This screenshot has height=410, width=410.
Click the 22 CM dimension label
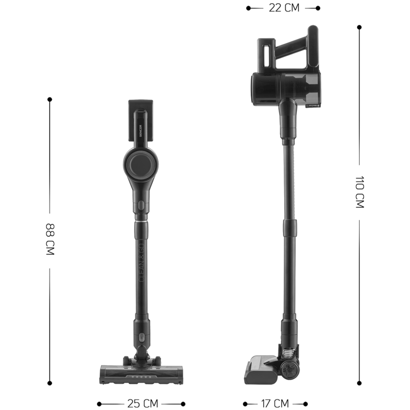284,8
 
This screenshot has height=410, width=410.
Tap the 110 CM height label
360,192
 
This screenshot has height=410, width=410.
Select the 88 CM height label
50,239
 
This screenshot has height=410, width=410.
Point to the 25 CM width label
143,403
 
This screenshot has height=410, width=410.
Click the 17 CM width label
275,403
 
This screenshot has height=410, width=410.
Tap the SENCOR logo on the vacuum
140,131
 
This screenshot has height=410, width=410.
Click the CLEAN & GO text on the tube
141,263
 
